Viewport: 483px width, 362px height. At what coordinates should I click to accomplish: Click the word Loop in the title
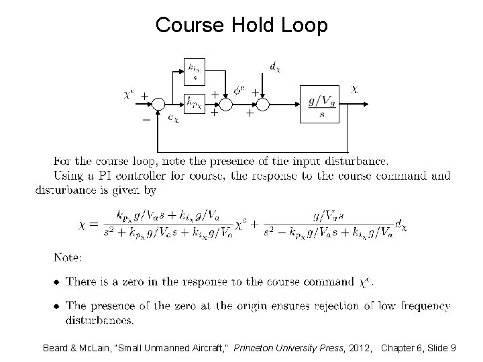(305, 25)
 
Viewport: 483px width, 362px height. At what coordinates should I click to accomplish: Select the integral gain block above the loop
(195, 70)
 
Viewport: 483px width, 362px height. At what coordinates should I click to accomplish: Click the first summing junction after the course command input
(158, 104)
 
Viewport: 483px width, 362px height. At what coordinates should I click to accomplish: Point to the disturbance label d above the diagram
(275, 66)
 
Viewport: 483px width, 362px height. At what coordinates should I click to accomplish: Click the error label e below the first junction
(172, 119)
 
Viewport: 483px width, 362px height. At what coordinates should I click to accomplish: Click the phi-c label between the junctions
(239, 91)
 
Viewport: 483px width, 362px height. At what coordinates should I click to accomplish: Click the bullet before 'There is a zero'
(56, 282)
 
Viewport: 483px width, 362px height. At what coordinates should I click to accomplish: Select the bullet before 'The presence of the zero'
(56, 306)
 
